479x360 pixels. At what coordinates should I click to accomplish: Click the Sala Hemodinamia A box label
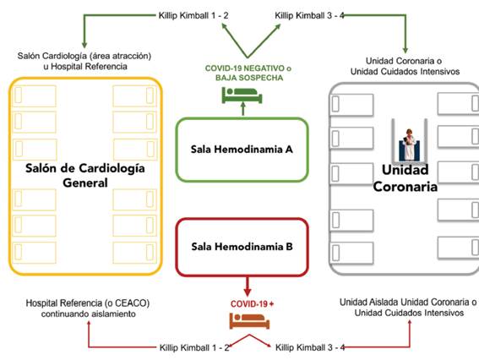(242, 149)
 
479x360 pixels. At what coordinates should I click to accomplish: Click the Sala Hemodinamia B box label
(242, 246)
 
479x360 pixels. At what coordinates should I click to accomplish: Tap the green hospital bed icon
(242, 95)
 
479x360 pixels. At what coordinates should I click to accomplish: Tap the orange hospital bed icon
(249, 320)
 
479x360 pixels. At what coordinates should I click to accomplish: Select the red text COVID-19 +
(252, 303)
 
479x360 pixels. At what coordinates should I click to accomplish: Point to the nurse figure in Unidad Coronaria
(409, 145)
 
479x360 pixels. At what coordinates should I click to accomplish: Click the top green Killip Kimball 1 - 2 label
(193, 15)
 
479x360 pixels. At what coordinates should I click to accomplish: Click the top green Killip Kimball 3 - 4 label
(309, 15)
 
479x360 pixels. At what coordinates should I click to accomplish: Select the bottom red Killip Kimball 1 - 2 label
(194, 347)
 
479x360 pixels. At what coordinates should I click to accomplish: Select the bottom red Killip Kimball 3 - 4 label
(310, 347)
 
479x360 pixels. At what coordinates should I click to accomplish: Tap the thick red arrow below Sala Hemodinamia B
(248, 286)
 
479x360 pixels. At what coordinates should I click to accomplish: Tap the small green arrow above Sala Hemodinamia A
(243, 109)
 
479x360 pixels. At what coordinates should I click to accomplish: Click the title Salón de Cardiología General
(85, 175)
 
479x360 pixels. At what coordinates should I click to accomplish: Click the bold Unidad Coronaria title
(405, 178)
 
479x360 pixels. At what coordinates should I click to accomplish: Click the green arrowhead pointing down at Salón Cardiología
(84, 45)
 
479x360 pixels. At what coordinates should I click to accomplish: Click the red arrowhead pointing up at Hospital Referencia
(89, 324)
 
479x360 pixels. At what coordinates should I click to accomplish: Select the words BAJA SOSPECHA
(249, 78)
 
